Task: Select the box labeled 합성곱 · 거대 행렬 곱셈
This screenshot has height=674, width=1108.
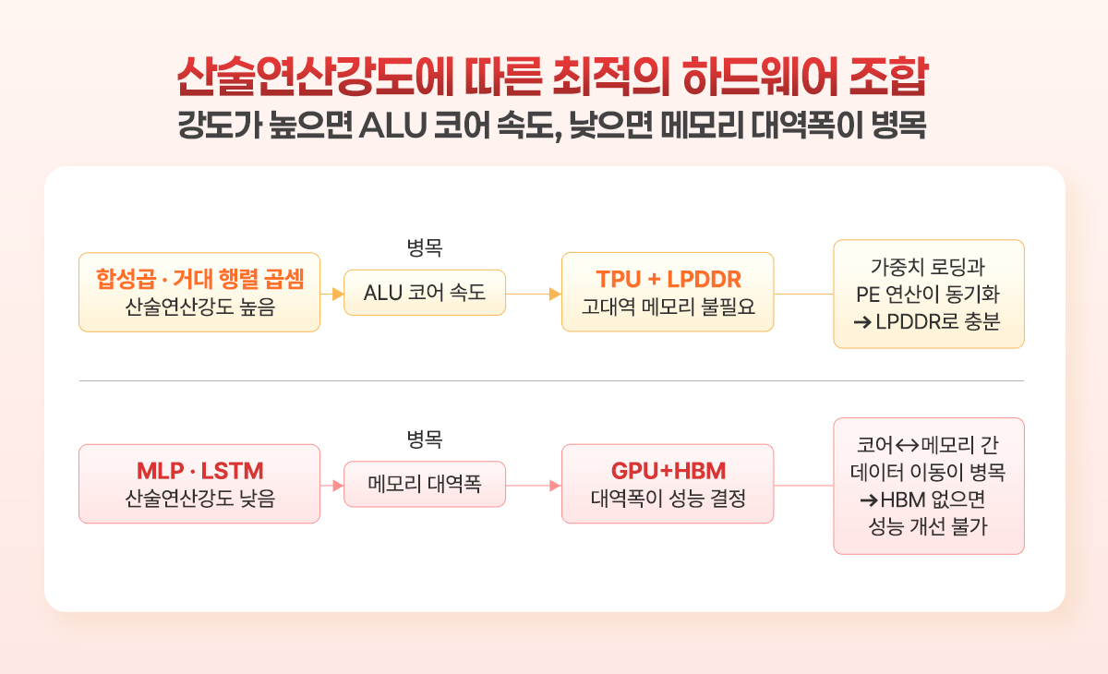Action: point(199,292)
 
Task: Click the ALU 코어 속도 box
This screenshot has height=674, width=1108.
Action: point(425,293)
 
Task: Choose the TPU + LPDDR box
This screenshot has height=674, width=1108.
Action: point(668,292)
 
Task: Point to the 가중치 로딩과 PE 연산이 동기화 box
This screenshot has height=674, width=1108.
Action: point(928,294)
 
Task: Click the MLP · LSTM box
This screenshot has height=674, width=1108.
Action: point(199,484)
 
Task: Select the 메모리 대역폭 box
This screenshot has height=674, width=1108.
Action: point(425,484)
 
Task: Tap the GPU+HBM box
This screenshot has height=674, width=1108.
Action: point(668,484)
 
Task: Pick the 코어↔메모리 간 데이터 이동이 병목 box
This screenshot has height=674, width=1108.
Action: point(928,486)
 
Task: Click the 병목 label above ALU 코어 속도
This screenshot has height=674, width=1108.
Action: point(425,247)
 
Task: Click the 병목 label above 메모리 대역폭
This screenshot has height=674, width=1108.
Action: point(425,439)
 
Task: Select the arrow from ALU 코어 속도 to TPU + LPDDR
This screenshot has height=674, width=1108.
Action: point(534,294)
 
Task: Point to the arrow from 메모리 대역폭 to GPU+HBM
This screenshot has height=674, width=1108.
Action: point(534,485)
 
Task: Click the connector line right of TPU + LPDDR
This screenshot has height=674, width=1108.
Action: point(803,294)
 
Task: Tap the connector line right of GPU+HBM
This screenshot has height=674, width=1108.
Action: point(803,485)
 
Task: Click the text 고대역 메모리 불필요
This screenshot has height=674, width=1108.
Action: point(668,307)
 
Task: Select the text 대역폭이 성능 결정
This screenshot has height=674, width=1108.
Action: point(668,499)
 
